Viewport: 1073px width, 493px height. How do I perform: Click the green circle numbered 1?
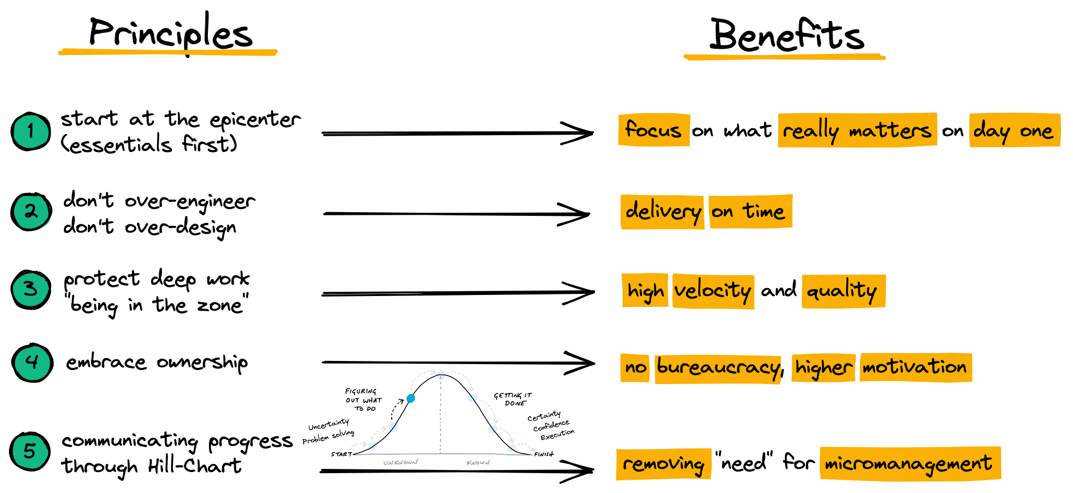(x=31, y=132)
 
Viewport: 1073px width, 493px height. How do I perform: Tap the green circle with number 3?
(x=31, y=289)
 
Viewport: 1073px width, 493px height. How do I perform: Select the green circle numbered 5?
(x=30, y=451)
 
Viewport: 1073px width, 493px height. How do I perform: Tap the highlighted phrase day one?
(x=1013, y=130)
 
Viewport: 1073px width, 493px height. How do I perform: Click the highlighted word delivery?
(x=663, y=211)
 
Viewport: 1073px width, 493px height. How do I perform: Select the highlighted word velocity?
(x=713, y=290)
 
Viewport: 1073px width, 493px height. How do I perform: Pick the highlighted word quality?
(x=842, y=290)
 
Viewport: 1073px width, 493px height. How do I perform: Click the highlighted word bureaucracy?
(x=718, y=367)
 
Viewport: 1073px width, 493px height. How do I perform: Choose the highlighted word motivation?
(x=915, y=366)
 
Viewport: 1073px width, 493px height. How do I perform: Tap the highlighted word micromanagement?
(x=909, y=463)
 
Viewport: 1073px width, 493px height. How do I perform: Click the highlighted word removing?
(x=663, y=464)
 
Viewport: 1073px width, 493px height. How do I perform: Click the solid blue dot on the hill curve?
(x=411, y=399)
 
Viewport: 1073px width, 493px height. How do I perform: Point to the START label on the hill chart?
(x=341, y=454)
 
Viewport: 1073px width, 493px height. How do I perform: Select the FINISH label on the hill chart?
(x=544, y=454)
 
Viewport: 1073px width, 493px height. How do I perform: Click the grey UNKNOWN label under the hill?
(x=401, y=463)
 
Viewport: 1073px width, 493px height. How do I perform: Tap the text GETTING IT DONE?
(x=513, y=399)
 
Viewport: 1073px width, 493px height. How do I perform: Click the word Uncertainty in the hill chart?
(x=328, y=424)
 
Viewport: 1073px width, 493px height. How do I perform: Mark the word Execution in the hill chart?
(x=557, y=435)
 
